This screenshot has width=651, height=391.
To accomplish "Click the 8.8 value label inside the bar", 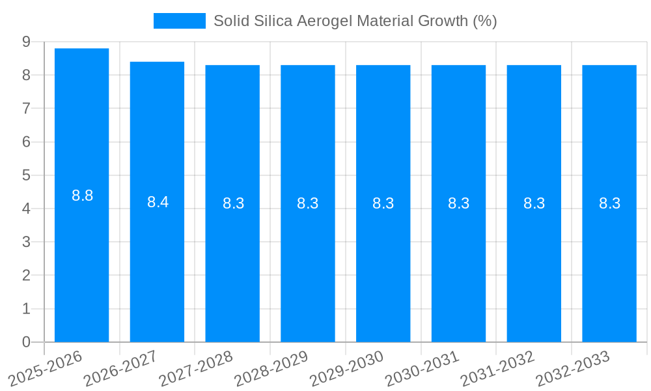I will tap(83, 195).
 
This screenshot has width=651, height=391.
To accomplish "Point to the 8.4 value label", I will tap(158, 202).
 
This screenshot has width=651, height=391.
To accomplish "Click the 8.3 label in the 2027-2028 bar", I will tap(233, 203).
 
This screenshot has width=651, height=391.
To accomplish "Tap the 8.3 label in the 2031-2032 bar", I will tap(534, 203).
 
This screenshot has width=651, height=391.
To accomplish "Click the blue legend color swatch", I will tap(180, 21).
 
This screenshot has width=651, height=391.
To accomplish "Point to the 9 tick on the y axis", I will tap(26, 42).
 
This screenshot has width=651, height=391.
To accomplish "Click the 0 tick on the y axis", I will tap(26, 342).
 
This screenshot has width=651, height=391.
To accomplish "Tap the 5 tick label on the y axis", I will tap(26, 175).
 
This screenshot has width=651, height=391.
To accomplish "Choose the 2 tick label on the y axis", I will tap(26, 276).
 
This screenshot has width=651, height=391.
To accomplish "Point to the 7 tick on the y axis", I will tap(26, 108).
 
